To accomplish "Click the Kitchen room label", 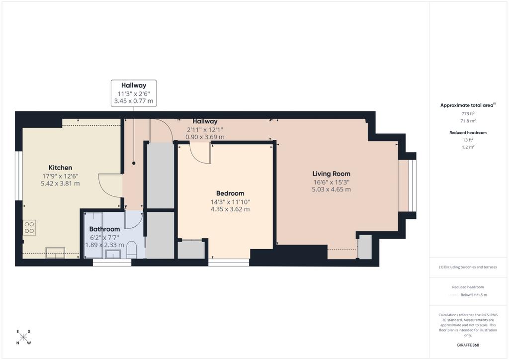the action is pos(60,168).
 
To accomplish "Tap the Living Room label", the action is pos(331,174).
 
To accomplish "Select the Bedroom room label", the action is pos(230,193).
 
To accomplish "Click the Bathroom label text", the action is pos(104,229).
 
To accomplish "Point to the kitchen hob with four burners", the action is pos(29,227).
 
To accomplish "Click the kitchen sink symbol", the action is pos(55,253).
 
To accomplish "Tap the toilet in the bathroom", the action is pos(131,250).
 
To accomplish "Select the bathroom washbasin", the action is pos(113,254).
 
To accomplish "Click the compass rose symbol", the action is pos(23,337).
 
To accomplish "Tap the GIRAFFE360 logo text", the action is pos(468,345).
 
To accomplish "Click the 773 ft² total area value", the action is pos(468,113).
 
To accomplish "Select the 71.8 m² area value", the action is pos(468,121).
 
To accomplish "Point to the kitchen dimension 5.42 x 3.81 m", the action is pos(60,183).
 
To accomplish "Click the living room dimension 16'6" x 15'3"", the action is pos(331,182).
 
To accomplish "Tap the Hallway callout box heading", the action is pos(134,86).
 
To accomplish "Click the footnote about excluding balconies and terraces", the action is pos(468,267).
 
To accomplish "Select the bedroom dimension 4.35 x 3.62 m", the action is pos(230,209).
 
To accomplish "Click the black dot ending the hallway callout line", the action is pos(134,163).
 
